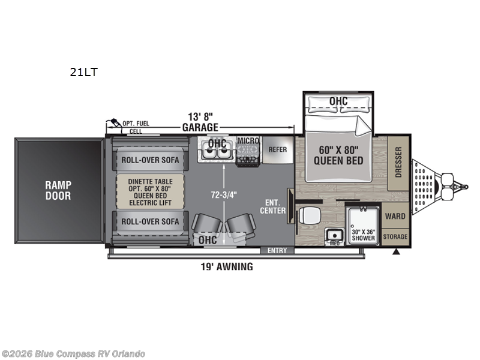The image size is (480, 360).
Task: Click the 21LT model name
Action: pyautogui.click(x=83, y=72)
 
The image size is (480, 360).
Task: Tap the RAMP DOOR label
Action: pyautogui.click(x=58, y=190)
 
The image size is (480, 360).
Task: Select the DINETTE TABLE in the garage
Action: pyautogui.click(x=151, y=192)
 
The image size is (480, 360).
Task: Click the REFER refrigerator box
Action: pyautogui.click(x=278, y=149)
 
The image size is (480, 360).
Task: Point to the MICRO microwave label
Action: pyautogui.click(x=248, y=141)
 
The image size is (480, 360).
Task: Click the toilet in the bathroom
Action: pyautogui.click(x=309, y=215)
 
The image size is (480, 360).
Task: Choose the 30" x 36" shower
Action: pyautogui.click(x=364, y=225)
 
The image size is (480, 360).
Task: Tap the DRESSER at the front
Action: pyautogui.click(x=398, y=163)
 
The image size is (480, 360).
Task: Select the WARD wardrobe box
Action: pyautogui.click(x=395, y=215)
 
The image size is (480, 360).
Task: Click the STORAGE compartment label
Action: pyautogui.click(x=395, y=236)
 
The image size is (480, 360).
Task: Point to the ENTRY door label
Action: pyautogui.click(x=277, y=250)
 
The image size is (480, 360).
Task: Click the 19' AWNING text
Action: pyautogui.click(x=227, y=266)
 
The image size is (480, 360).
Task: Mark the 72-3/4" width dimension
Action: pyautogui.click(x=224, y=195)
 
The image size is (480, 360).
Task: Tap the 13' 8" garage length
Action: pyautogui.click(x=200, y=116)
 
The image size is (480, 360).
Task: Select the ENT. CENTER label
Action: pyautogui.click(x=273, y=206)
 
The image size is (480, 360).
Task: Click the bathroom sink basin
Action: pyautogui.click(x=335, y=235)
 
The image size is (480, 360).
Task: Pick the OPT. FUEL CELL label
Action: pyautogui.click(x=136, y=127)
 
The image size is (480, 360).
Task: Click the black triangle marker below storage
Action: pyautogui.click(x=397, y=252)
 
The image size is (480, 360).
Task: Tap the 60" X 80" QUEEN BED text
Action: pyautogui.click(x=338, y=155)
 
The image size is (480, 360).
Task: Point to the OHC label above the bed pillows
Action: pyautogui.click(x=338, y=101)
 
